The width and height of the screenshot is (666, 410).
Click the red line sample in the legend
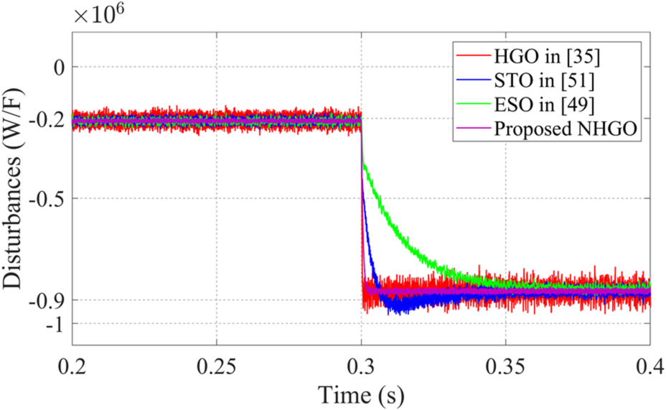click(470, 55)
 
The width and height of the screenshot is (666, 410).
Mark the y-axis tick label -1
click(52, 325)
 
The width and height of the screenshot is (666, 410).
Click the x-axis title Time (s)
click(362, 394)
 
